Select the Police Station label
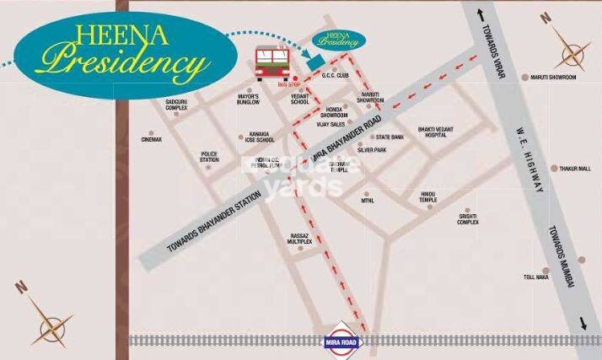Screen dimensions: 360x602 pyautogui.click(x=209, y=156)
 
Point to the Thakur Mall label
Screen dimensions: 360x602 pyautogui.click(x=577, y=169)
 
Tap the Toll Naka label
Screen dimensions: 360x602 pyautogui.click(x=535, y=277)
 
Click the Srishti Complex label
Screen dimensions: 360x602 pyautogui.click(x=468, y=219)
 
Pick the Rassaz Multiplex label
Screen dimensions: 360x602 pyautogui.click(x=299, y=239)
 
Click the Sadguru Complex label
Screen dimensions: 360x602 pyautogui.click(x=176, y=105)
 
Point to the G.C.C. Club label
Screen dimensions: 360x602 pyautogui.click(x=336, y=75)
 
